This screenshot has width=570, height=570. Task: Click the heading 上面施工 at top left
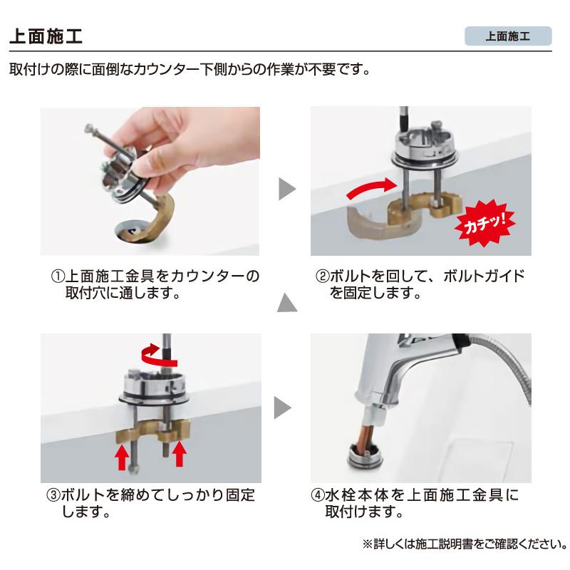pyautogui.click(x=48, y=36)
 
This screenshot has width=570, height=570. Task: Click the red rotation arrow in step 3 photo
pyautogui.click(x=151, y=351)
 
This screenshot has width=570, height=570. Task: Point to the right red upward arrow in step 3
pyautogui.click(x=179, y=452)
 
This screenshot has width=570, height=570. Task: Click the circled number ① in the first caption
pyautogui.click(x=56, y=276)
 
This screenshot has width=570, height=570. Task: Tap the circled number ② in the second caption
pyautogui.click(x=321, y=276)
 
